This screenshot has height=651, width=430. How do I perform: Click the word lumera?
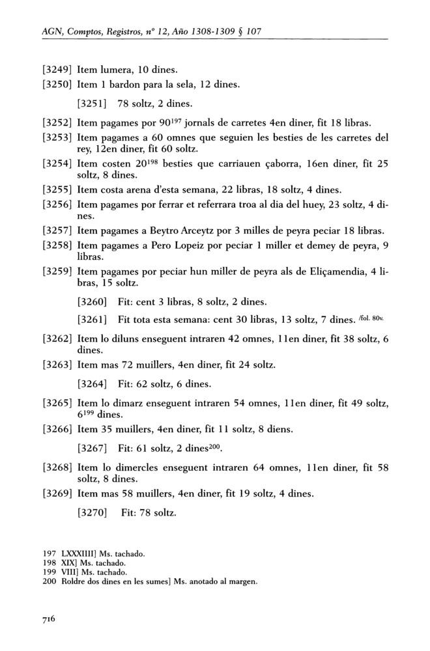pos(119,69)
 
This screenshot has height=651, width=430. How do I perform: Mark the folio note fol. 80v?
pos(374,318)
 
